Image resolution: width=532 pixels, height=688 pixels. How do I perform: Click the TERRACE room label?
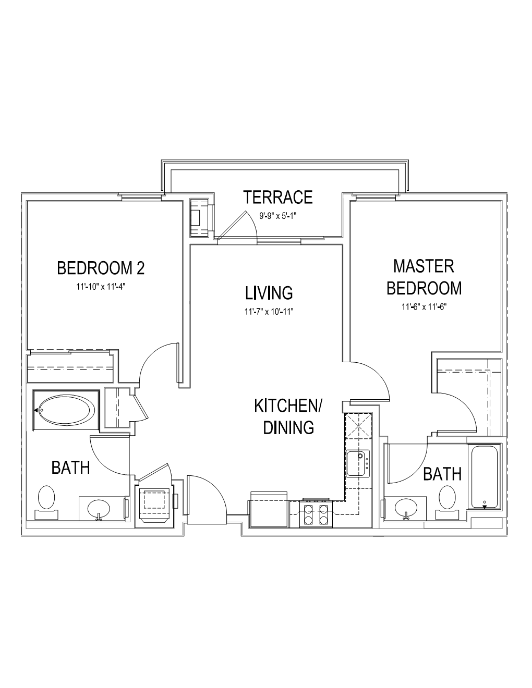(x=277, y=197)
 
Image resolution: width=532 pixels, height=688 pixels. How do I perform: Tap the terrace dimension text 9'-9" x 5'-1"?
(x=277, y=216)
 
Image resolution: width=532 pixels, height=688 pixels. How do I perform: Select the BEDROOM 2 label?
(x=101, y=268)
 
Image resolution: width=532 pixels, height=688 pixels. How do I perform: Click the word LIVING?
(x=269, y=293)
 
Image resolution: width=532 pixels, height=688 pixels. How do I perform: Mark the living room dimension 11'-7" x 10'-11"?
(x=269, y=312)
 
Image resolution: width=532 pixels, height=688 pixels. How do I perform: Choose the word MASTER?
(x=424, y=266)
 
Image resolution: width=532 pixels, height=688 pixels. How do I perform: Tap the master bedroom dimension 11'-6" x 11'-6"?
(x=424, y=307)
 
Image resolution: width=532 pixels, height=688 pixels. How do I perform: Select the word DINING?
(x=288, y=427)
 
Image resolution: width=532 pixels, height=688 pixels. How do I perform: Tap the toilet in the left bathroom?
(x=46, y=502)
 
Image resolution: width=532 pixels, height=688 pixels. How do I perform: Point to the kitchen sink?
(x=358, y=463)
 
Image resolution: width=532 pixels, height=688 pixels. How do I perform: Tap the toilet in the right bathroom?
(x=447, y=502)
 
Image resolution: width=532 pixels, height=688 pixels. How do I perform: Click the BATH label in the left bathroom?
(x=70, y=468)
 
